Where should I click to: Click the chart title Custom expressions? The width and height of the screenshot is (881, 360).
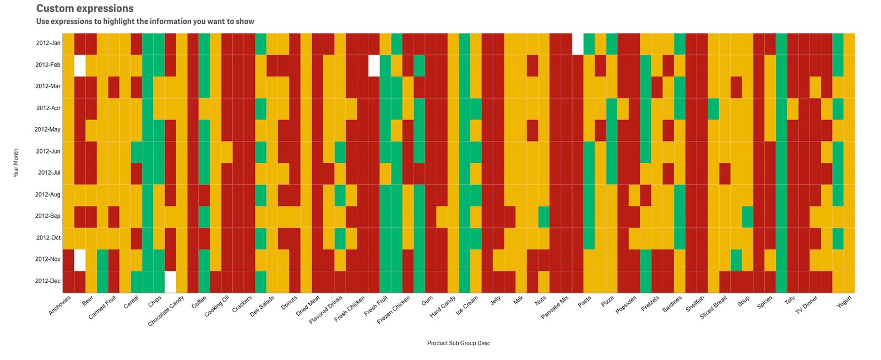tap(85, 8)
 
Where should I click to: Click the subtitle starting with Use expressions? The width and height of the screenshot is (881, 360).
tap(145, 21)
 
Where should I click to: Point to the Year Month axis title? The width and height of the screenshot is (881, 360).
tap(16, 163)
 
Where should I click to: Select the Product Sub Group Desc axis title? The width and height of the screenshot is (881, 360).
tap(459, 343)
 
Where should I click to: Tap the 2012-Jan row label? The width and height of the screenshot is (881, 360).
tap(48, 43)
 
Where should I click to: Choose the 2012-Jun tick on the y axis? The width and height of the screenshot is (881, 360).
tap(48, 151)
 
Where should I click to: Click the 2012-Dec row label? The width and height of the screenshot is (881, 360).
tap(47, 281)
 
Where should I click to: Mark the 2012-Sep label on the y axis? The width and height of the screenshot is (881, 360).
tap(47, 216)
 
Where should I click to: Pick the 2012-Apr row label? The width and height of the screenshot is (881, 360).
tap(48, 108)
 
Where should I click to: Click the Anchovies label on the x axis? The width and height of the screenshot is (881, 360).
tap(60, 306)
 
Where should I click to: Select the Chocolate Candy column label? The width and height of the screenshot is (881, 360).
tap(166, 311)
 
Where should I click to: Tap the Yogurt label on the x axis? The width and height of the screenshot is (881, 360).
tap(845, 302)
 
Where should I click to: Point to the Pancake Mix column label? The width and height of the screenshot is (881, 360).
tap(555, 307)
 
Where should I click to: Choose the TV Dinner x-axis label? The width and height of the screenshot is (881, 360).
tap(807, 305)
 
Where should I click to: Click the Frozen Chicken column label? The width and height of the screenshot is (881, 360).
tap(394, 310)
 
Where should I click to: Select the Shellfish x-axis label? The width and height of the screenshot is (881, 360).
tap(695, 304)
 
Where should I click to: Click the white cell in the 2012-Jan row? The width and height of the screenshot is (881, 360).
tap(578, 44)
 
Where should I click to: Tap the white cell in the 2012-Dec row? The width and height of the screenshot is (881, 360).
tap(170, 282)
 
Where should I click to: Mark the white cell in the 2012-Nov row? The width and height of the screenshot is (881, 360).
tap(80, 260)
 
